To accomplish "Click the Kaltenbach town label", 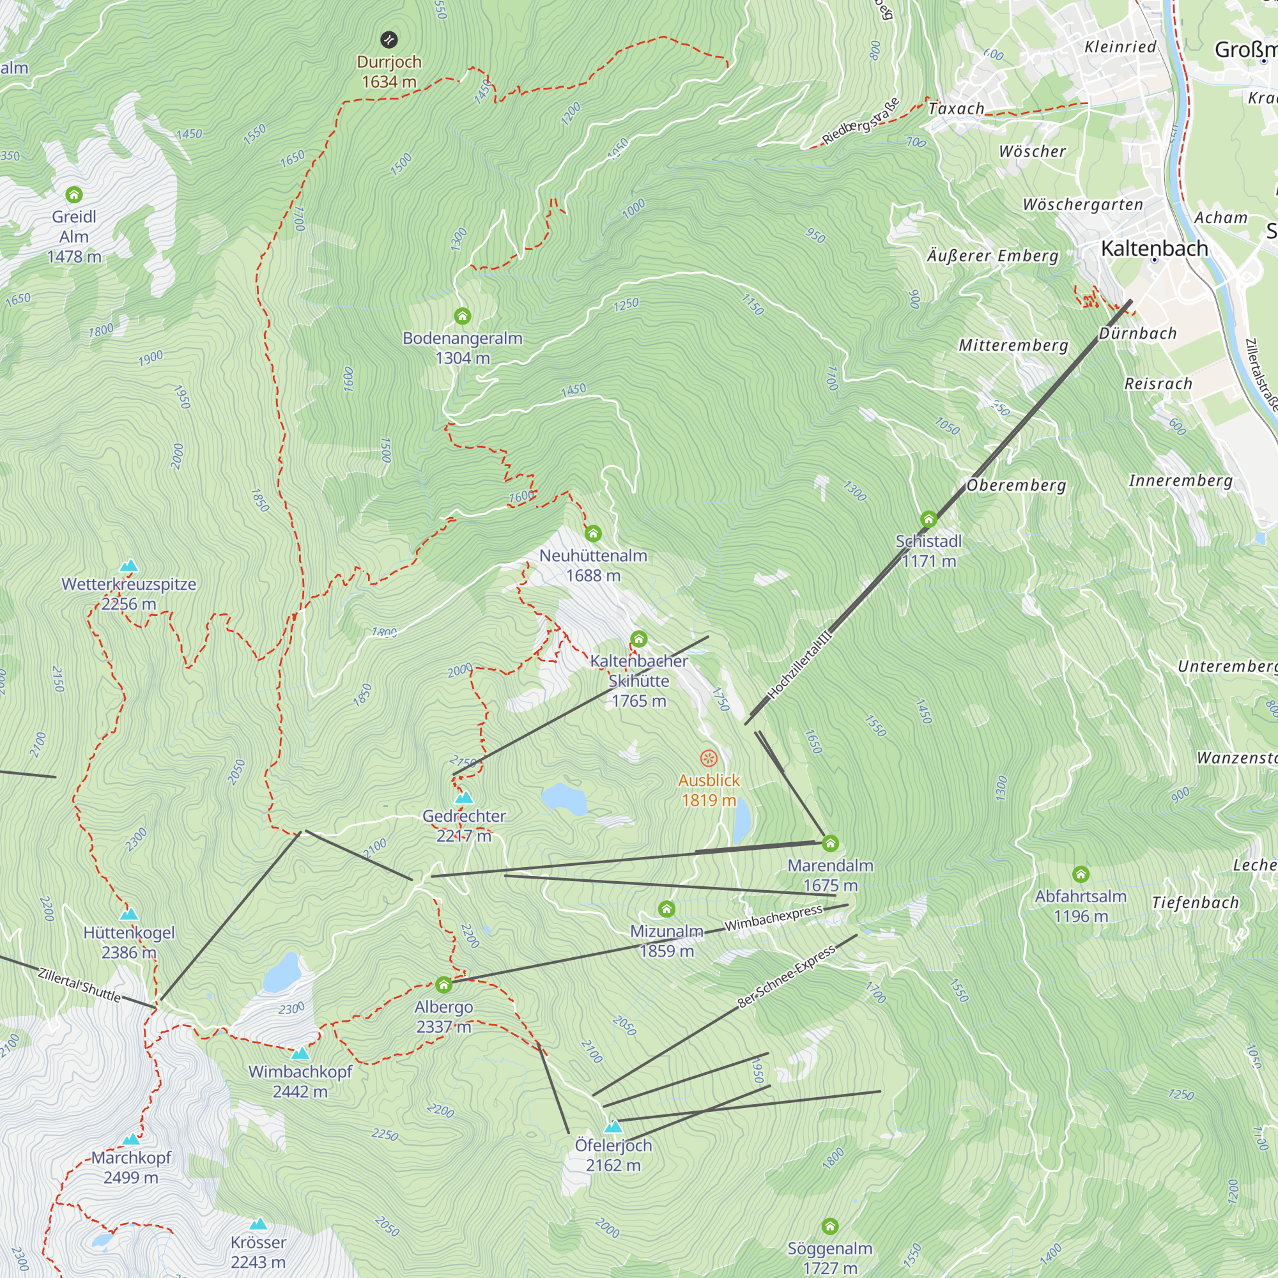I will point(1154,248).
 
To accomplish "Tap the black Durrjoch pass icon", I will point(389,40).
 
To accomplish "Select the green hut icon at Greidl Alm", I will point(74,194).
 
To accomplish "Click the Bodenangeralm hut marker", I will point(463,316).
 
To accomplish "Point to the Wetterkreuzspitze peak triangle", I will point(129,566).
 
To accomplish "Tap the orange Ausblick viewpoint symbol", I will point(709,758).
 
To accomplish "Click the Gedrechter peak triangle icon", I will point(464,797).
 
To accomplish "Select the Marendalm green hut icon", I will point(830,843).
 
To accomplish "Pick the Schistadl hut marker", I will point(928,519).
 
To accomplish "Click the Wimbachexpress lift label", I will point(773,918).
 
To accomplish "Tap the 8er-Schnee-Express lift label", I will point(787,978).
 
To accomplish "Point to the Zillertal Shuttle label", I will point(79,985).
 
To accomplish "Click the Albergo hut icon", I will point(444,985).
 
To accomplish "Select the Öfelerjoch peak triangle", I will point(613,1127).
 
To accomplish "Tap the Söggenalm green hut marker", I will point(830,1227).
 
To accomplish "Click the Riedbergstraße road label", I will point(861,121).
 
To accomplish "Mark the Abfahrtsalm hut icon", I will point(1081,875).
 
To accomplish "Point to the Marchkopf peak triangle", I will point(131,1139).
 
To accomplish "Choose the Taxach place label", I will point(956,109).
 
